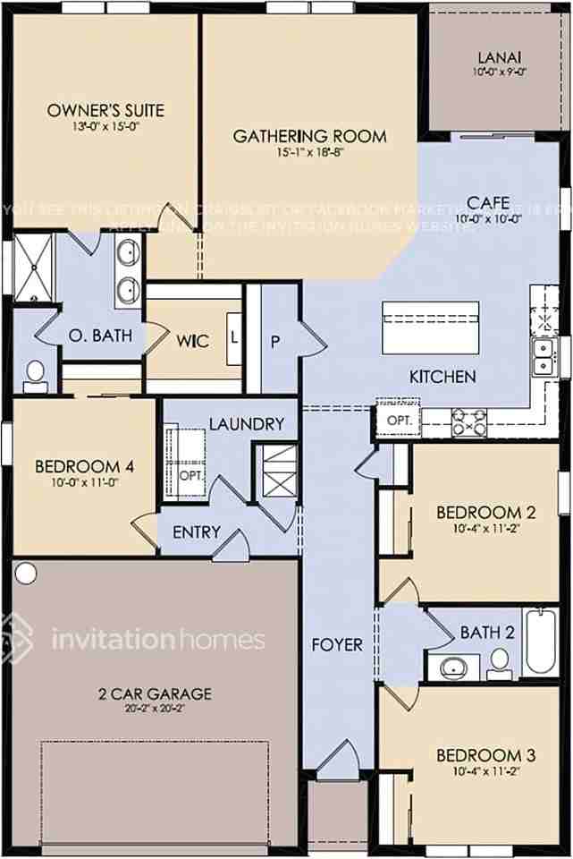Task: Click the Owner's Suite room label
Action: [105, 111]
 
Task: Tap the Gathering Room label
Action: [309, 136]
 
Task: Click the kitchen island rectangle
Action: [430, 327]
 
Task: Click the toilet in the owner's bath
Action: [35, 375]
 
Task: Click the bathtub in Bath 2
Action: [541, 640]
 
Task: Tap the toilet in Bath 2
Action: [499, 661]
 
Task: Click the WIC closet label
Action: [192, 341]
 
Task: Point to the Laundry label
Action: [246, 423]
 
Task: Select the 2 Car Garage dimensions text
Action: [155, 707]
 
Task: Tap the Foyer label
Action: [337, 644]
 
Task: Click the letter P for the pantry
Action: [275, 340]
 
